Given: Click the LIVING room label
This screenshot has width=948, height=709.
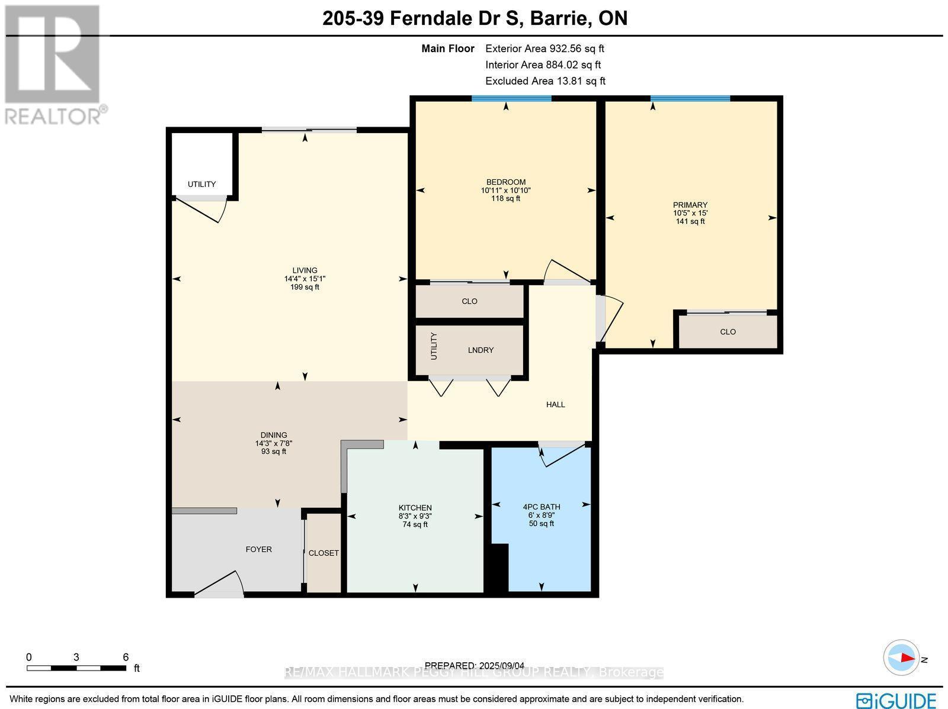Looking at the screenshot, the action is pos(305,270).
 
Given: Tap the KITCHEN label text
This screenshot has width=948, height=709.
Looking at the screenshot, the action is pos(415,508).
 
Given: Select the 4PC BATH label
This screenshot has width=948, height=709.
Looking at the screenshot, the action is pos(541,507).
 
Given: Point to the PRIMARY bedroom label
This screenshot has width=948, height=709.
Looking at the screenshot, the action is pos(690,205).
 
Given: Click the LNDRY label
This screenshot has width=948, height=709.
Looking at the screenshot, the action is pos(481,350).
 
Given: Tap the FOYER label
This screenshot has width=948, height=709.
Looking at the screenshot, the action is pos(259,549).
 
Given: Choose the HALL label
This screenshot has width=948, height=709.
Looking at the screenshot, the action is pos(555,405).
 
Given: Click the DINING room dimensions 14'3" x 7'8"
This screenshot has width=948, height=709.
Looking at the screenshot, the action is pos(274,443).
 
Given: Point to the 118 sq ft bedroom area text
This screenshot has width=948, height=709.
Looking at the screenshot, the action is pos(506,198).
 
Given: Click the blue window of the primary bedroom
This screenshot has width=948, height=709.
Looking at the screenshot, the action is pos(690,99).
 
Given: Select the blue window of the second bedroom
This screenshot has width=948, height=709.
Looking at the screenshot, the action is pos(511,99).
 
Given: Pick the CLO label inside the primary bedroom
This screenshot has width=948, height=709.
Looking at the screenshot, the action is pos(728,331).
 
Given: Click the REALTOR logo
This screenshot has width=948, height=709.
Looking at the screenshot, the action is pos(54,65).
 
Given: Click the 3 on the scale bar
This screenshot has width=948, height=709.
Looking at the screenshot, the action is pos(76,658).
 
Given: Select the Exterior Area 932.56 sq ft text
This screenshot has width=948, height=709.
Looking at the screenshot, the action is pos(545,49).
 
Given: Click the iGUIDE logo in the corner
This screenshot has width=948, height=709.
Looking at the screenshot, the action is pos(896,700).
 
